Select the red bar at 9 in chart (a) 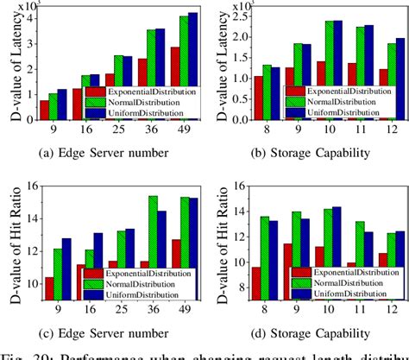(44, 109)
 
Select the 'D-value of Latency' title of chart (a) (9, 66)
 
